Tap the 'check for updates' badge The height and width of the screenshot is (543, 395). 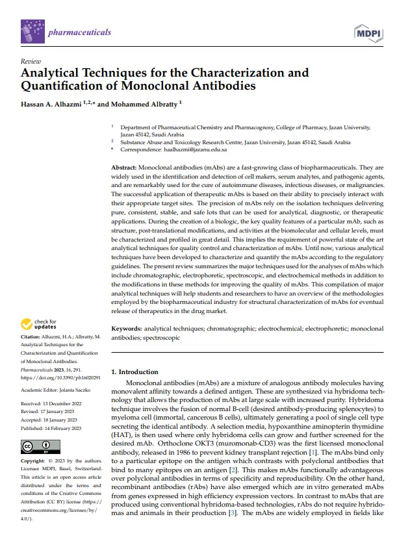click(x=39, y=324)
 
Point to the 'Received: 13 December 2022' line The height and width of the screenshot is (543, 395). click(x=55, y=403)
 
